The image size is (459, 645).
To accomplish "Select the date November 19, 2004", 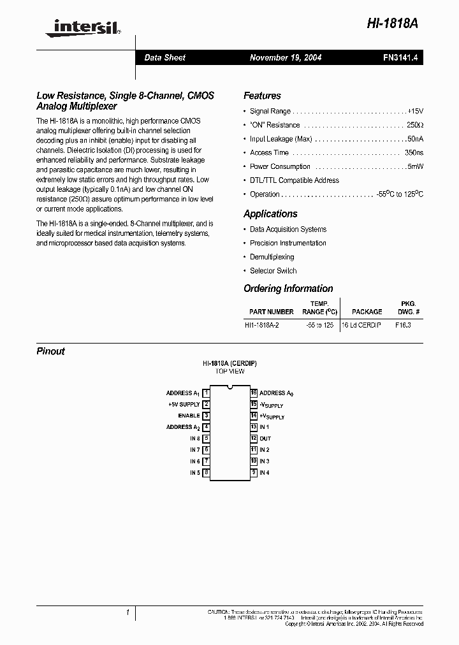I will [286, 57].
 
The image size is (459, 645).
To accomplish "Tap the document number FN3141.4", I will [400, 57].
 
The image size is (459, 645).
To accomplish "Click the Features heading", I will [262, 96].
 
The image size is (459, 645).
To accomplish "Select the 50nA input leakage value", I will [414, 139].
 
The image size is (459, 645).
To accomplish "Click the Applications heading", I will [270, 214].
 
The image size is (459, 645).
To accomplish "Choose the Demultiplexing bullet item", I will [272, 257].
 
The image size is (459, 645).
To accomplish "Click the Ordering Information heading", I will [288, 289].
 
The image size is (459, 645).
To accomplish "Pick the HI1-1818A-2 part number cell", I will [262, 325].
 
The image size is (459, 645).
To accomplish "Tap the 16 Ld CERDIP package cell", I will [361, 325].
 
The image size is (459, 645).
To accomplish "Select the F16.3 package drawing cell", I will [403, 325].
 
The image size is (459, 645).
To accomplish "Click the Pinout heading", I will [50, 351].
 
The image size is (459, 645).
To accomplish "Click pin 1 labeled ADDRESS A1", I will [206, 393].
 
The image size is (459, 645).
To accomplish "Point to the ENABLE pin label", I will [189, 416].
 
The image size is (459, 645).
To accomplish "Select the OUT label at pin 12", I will [265, 438].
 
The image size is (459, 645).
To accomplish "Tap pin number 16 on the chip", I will [254, 393].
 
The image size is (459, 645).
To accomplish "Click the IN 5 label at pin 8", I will [194, 473].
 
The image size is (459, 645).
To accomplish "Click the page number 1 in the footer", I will [128, 612].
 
